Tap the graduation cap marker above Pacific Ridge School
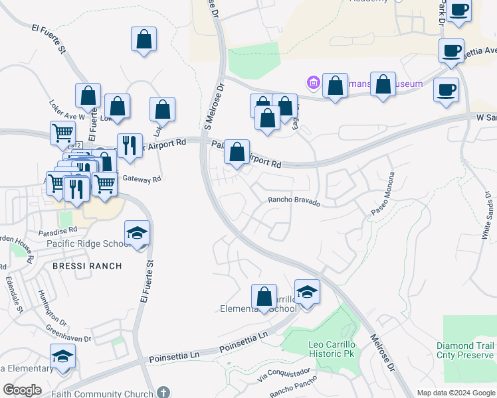(138, 233)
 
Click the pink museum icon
(313, 84)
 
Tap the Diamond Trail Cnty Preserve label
(465, 351)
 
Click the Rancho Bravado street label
(294, 201)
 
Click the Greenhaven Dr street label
(68, 334)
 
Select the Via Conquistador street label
(283, 376)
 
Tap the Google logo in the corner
(23, 390)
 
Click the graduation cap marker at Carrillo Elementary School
(307, 293)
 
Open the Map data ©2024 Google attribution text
(455, 393)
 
